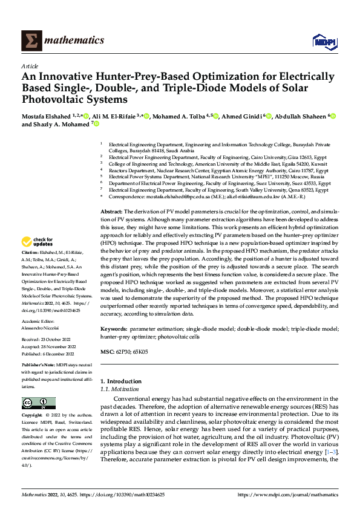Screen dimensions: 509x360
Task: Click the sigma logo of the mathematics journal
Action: click(30, 40)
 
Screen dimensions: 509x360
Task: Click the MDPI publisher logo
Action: click(322, 41)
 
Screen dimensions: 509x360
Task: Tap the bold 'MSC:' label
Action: click(106, 351)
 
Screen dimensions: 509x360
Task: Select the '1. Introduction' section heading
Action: click(120, 381)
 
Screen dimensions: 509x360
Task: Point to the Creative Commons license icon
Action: click(38, 403)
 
